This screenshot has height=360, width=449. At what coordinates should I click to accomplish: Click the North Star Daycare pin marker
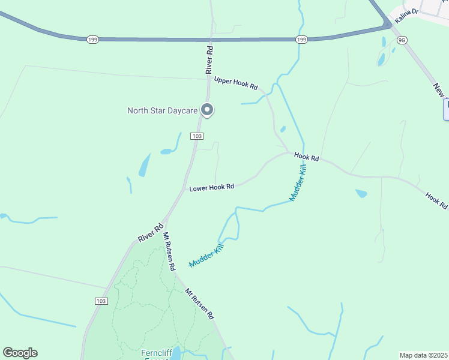[208, 109]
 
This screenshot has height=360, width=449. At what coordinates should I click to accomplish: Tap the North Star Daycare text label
[163, 110]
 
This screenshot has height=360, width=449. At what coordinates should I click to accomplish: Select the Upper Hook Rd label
[236, 83]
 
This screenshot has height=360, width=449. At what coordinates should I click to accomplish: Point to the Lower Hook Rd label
[211, 188]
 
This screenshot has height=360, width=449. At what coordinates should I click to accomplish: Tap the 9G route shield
[402, 40]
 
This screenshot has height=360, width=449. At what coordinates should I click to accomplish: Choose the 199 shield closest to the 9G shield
[301, 40]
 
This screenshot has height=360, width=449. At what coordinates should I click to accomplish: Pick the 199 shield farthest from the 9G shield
[92, 40]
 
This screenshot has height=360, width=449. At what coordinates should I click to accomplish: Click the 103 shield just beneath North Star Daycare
[197, 136]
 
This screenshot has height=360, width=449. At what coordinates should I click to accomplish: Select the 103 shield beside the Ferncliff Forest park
[101, 301]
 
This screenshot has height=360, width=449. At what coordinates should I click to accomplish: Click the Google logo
[20, 353]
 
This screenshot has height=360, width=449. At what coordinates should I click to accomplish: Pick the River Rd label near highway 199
[211, 58]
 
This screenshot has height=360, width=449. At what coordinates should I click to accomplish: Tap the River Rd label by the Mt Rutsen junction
[151, 233]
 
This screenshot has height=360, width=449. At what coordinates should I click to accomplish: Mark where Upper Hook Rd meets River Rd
[209, 78]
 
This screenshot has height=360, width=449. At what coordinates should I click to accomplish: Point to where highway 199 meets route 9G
[389, 25]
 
